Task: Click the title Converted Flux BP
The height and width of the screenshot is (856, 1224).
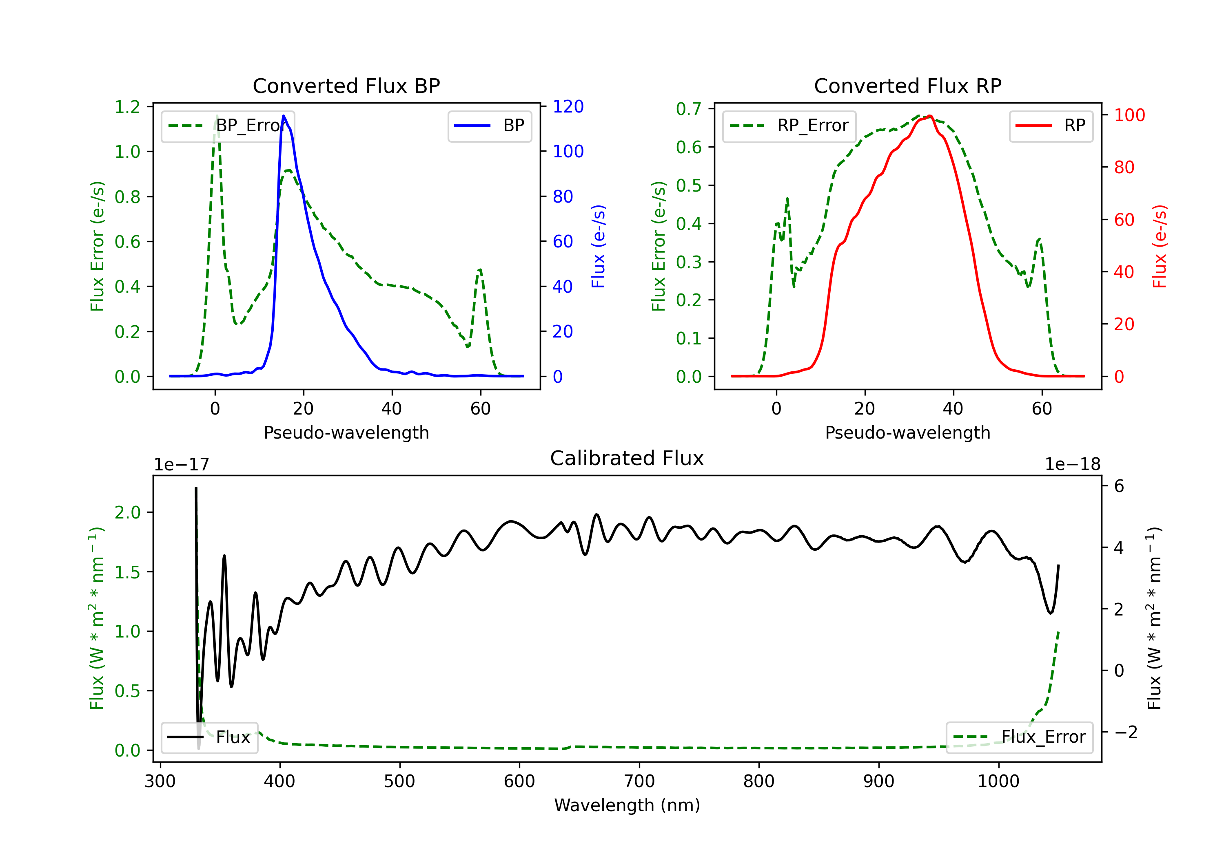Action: tap(346, 86)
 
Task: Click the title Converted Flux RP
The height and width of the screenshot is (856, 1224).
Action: tap(908, 86)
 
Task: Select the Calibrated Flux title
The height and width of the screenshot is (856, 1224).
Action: tap(627, 458)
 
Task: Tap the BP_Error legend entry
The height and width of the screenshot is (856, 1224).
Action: tap(228, 126)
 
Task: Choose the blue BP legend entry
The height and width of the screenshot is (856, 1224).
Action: tap(489, 126)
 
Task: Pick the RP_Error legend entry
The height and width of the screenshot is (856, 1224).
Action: tap(789, 126)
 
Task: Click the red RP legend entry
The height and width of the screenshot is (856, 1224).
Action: tap(1051, 126)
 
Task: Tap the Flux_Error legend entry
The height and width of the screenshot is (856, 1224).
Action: tap(1019, 737)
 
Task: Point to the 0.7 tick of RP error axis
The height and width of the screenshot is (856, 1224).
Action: tap(689, 109)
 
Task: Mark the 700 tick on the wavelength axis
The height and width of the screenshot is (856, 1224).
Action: tap(639, 781)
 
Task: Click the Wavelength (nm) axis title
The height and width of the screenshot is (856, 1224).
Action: tap(627, 805)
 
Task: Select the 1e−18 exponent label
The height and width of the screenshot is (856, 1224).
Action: tap(1073, 465)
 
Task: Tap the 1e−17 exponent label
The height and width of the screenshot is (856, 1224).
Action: tap(182, 465)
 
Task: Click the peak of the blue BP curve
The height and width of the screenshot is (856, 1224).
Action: tap(284, 116)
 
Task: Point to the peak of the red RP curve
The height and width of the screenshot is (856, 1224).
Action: tap(930, 116)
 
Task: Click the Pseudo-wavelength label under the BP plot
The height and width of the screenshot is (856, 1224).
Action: tap(346, 432)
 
